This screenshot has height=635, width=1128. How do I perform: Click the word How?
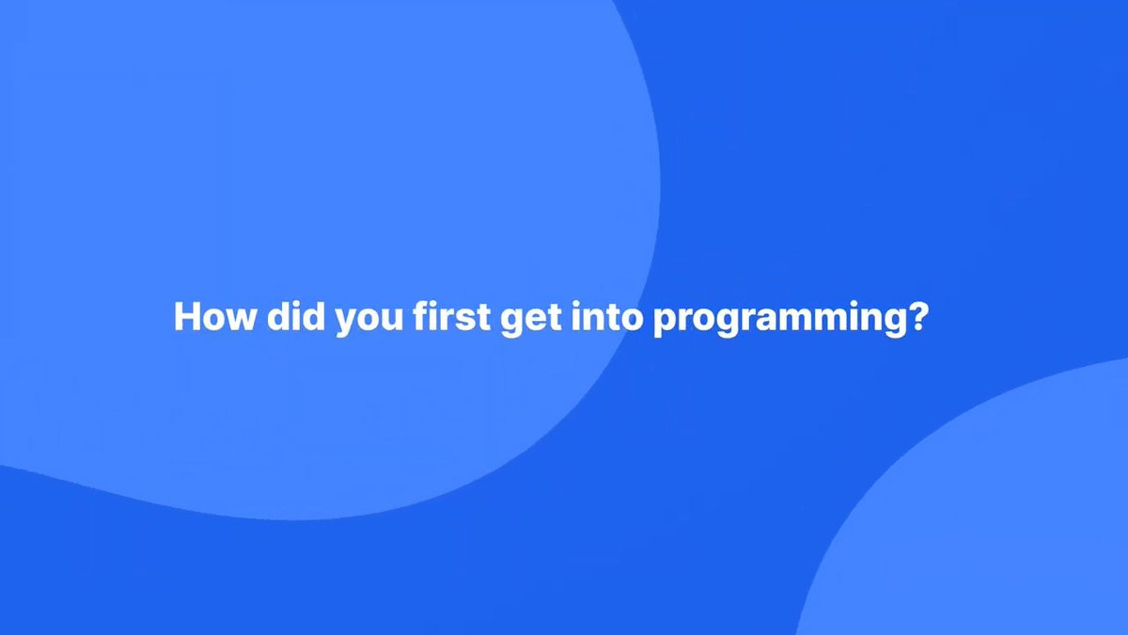(x=215, y=316)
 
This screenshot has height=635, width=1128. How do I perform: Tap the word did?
(x=295, y=316)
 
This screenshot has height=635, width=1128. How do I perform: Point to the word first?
(x=452, y=316)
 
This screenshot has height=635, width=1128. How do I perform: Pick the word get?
(x=531, y=320)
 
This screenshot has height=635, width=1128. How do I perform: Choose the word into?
(x=607, y=316)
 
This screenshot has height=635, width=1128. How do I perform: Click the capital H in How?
(x=187, y=316)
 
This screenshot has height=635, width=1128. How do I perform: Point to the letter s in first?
(x=466, y=320)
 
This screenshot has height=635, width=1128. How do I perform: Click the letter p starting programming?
(x=666, y=323)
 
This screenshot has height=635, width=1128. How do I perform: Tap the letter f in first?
(x=421, y=316)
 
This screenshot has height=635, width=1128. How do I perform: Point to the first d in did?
(x=279, y=316)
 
